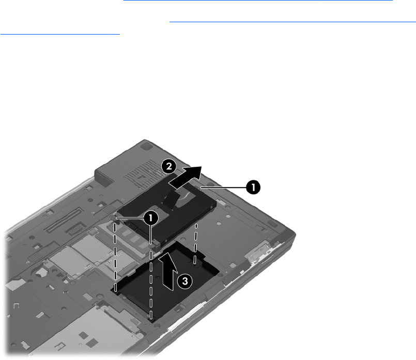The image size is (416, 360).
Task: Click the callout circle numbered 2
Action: click(x=169, y=166)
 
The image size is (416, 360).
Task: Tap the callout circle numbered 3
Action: click(x=184, y=281)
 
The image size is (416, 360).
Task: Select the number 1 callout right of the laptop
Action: click(x=253, y=187)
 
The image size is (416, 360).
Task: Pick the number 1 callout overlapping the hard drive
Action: click(x=151, y=218)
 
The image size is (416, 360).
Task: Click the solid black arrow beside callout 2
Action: click(x=186, y=177)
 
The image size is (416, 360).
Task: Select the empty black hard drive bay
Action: click(x=165, y=281)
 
